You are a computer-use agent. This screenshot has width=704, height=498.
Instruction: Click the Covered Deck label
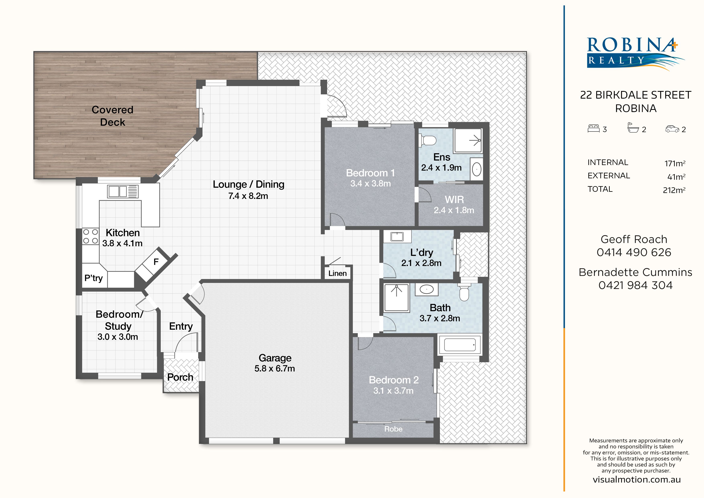tap(113, 116)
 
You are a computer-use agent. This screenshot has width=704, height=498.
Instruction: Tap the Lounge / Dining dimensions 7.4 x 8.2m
tap(248, 196)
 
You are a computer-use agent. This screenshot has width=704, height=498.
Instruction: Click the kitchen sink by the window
tap(123, 191)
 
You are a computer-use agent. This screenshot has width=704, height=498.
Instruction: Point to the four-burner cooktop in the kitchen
tap(91, 236)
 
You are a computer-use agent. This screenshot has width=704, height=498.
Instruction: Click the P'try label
tap(94, 278)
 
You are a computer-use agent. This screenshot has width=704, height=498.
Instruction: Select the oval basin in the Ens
tap(476, 169)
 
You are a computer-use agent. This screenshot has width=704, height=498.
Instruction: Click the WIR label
tap(454, 200)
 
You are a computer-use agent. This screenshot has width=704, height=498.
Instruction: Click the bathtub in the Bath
tap(460, 345)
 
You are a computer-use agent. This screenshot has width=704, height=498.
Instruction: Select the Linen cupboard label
tap(338, 273)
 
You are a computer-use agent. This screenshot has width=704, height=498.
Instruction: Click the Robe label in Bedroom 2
tap(393, 429)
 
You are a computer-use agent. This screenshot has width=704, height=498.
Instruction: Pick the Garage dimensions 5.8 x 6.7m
tap(275, 368)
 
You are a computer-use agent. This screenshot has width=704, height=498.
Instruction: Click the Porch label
tap(180, 377)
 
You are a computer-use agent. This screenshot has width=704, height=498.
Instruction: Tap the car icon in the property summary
tap(672, 129)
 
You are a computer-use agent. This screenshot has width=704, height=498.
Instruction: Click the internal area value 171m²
tap(675, 163)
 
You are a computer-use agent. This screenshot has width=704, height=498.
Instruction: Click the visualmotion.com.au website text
tap(637, 480)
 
